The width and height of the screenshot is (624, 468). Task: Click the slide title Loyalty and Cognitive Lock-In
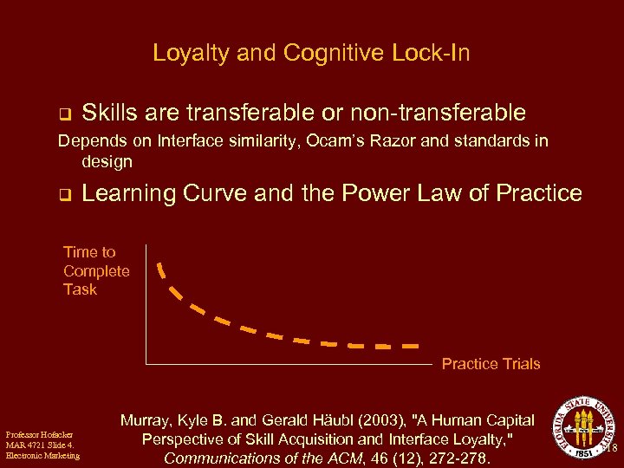point(311,54)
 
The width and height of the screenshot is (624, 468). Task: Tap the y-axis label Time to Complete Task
point(95,270)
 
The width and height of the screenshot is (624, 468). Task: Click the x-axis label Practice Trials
point(491,364)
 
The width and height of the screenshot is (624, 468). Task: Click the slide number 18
point(612,449)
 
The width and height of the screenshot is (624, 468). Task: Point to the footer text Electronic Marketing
point(42,456)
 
